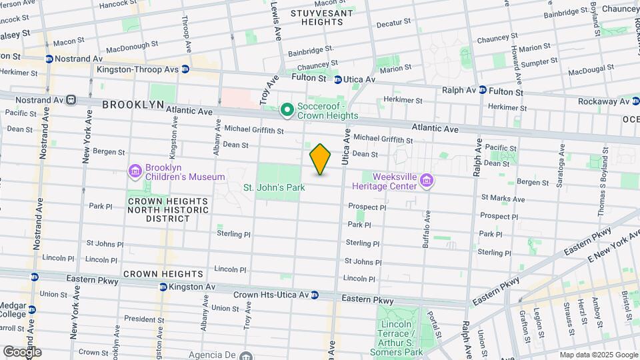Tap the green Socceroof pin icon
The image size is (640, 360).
point(287,109)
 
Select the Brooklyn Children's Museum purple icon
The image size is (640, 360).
point(135,172)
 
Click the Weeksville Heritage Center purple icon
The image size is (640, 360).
point(427,180)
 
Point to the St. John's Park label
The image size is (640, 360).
point(274,187)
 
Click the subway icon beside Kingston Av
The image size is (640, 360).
point(162,287)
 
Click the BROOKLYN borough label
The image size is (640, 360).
point(133,105)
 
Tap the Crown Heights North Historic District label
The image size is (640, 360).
point(168,209)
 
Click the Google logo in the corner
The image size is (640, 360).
point(21,351)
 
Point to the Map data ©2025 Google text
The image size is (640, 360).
point(598,355)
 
